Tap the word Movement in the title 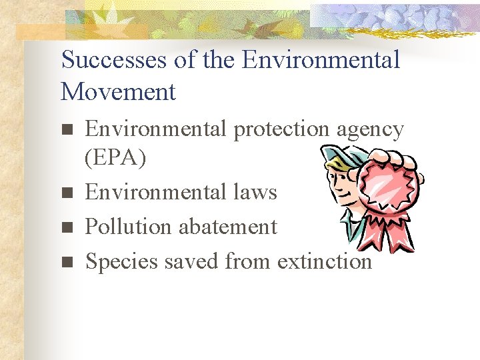118,91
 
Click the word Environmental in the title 321,59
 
